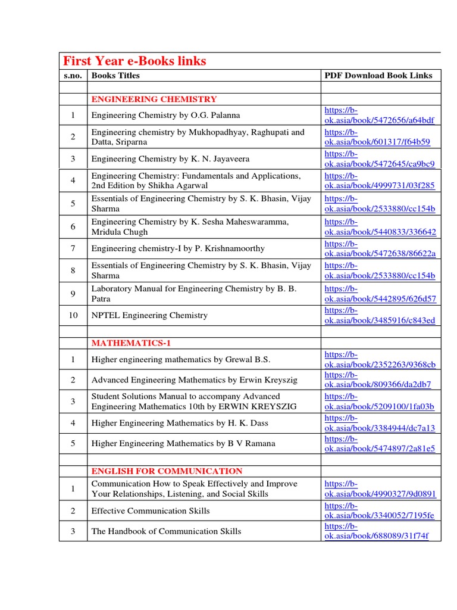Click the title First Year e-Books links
point(134,61)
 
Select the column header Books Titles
point(115,76)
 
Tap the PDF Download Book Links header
point(378,76)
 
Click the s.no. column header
point(73,76)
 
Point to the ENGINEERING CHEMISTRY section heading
point(154,99)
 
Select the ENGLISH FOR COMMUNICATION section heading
point(167,471)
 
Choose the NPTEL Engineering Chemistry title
point(149,315)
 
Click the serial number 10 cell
point(73,315)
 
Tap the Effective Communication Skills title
point(151,511)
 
